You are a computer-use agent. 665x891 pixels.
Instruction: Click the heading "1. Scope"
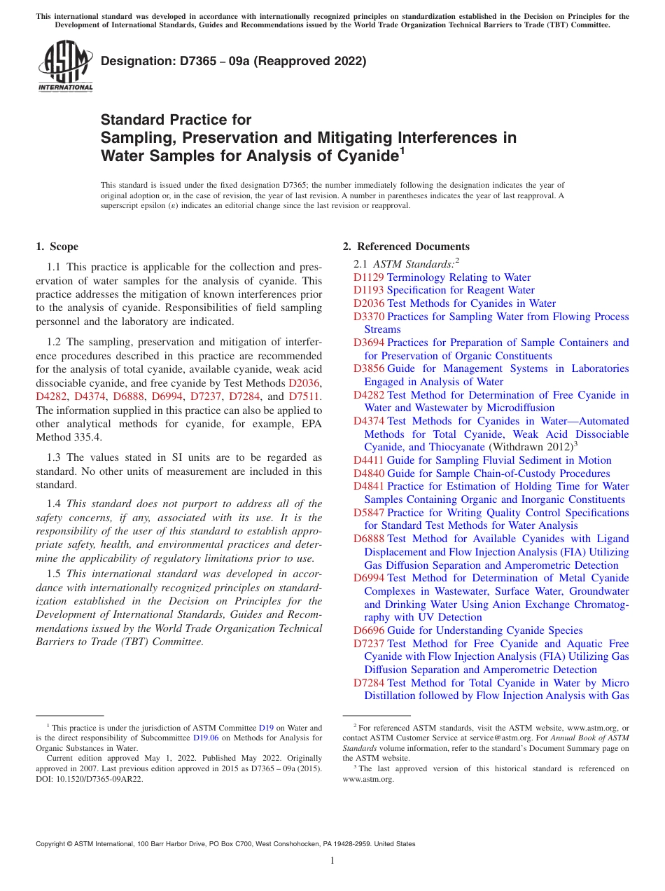(57, 247)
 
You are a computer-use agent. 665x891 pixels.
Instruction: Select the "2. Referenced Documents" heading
(406, 247)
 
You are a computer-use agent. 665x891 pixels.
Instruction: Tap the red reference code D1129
(369, 277)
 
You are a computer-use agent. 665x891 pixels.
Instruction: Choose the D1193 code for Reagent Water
(369, 290)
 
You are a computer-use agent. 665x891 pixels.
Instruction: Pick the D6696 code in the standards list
(369, 630)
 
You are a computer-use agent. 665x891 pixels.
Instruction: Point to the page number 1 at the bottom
(332, 861)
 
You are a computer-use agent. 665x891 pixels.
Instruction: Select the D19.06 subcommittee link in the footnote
(206, 738)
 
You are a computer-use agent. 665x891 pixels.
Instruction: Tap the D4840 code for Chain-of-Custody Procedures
(369, 474)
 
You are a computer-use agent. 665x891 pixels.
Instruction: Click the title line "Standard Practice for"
(176, 120)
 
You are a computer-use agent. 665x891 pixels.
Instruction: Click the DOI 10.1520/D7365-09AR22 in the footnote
(97, 778)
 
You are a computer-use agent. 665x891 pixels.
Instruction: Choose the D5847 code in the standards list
(369, 513)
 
